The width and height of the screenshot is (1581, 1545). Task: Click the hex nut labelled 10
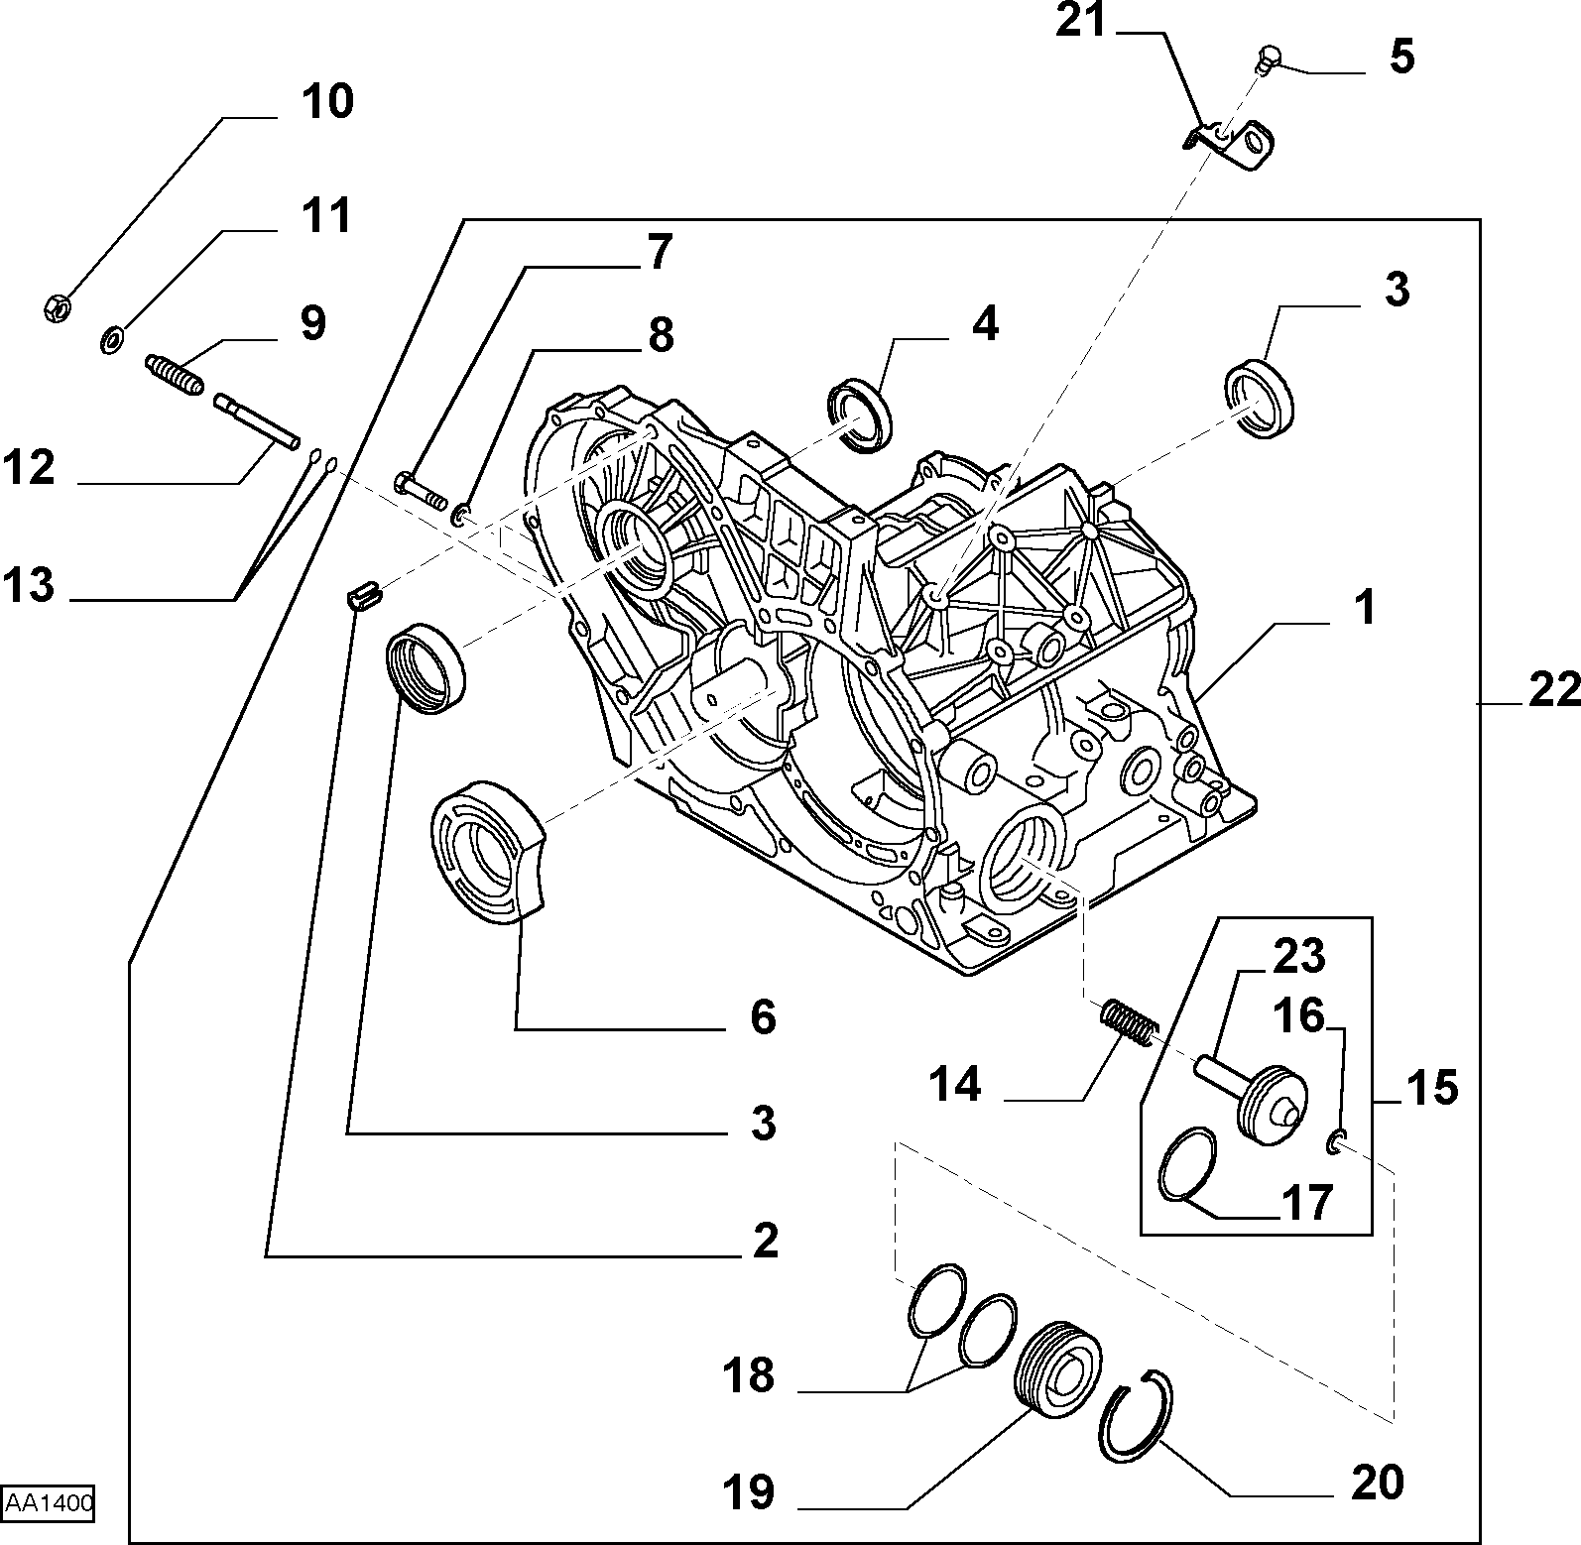tap(58, 308)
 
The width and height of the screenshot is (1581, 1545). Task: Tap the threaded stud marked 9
tap(175, 374)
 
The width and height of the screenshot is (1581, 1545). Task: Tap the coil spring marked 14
tap(1128, 1021)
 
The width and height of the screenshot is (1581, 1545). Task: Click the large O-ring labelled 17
tap(1187, 1163)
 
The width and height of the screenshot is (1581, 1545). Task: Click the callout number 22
tap(1554, 690)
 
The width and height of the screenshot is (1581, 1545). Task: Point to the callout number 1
tap(1365, 607)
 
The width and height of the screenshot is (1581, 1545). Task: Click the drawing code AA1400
tap(49, 1503)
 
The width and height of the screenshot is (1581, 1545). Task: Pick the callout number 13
tap(28, 585)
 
